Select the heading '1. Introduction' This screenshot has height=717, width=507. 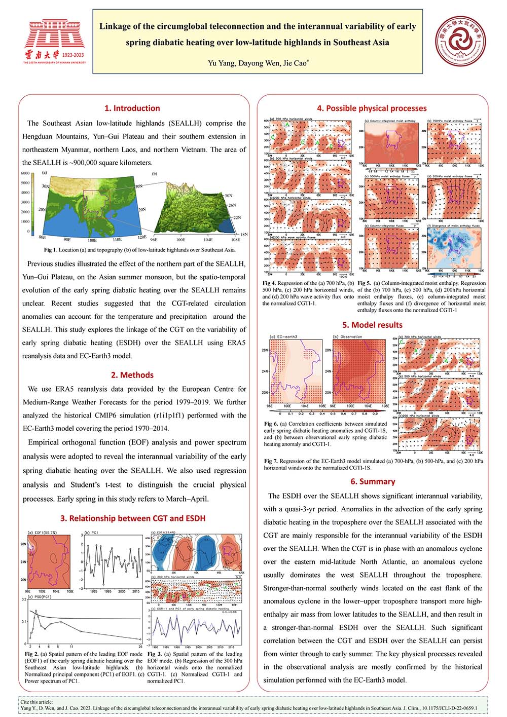click(x=132, y=108)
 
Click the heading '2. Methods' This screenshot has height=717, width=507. click(x=132, y=375)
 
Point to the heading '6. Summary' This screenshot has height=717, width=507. click(x=373, y=481)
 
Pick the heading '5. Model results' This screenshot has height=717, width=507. click(x=372, y=325)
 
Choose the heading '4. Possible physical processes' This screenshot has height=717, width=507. click(x=372, y=108)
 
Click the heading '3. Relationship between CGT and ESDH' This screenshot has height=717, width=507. click(x=133, y=518)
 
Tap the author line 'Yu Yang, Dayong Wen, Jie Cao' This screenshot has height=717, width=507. click(x=258, y=63)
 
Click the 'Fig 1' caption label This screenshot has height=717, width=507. click(x=49, y=250)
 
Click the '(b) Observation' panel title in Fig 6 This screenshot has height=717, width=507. click(x=348, y=336)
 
